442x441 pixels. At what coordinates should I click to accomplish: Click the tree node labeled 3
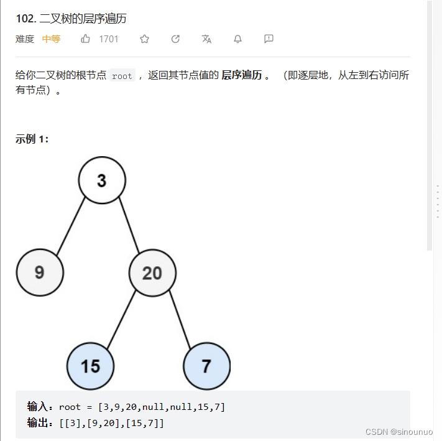pos(102,180)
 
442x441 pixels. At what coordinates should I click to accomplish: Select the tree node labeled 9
pos(40,272)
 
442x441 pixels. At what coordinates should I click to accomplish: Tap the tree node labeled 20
pos(152,272)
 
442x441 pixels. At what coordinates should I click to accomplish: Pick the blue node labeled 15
pos(91,365)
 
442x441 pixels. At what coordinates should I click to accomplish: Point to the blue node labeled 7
pos(206,365)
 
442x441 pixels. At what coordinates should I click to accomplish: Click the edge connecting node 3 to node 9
pos(70,227)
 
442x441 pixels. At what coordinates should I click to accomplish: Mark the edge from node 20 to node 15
pos(121,319)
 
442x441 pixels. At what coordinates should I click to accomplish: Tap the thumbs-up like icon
pos(86,39)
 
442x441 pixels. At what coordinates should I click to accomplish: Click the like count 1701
pos(109,39)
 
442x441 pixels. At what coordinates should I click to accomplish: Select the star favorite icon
pos(145,39)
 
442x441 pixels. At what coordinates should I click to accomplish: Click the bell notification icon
pos(237,39)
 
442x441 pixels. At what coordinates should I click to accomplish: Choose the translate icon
pos(206,39)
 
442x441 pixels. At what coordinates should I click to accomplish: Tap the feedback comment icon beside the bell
pos(269,39)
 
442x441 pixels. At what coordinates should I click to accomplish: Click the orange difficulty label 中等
pos(51,39)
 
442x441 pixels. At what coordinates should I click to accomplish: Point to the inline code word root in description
pos(122,76)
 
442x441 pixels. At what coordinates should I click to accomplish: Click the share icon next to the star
pos(175,39)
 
